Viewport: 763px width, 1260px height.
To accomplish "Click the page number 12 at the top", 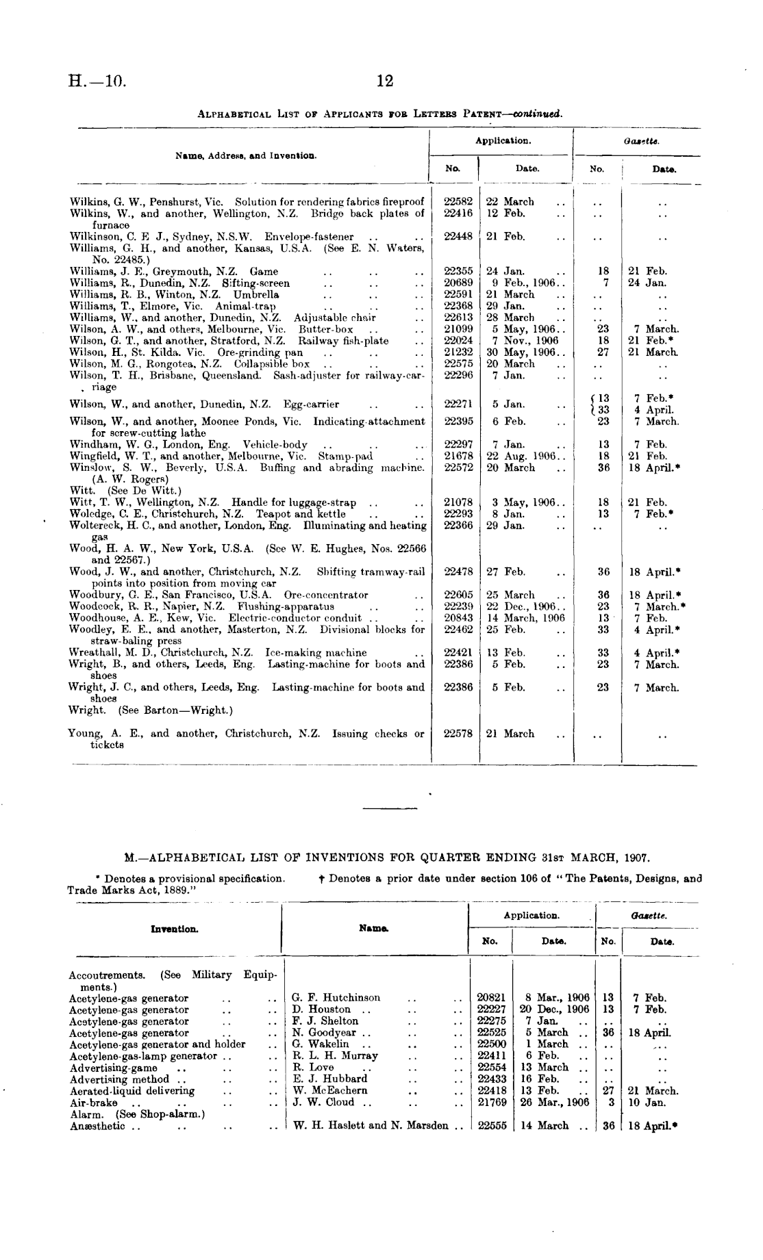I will click(385, 81).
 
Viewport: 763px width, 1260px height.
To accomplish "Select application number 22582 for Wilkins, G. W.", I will click(458, 202).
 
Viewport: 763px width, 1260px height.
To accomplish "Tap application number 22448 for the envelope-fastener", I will click(458, 237).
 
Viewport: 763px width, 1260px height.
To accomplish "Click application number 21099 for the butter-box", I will click(458, 329).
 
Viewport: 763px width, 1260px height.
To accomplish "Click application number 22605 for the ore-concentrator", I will click(458, 595).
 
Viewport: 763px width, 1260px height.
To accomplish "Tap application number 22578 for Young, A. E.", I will click(458, 734).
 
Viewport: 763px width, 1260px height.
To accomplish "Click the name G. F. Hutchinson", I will click(336, 998).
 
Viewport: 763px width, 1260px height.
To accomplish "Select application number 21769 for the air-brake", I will click(491, 1103).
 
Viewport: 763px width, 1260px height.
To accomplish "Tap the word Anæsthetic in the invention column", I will click(97, 1126).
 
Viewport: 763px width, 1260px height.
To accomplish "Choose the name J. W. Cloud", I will click(323, 1103).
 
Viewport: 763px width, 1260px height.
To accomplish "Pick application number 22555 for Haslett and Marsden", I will click(491, 1126).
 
